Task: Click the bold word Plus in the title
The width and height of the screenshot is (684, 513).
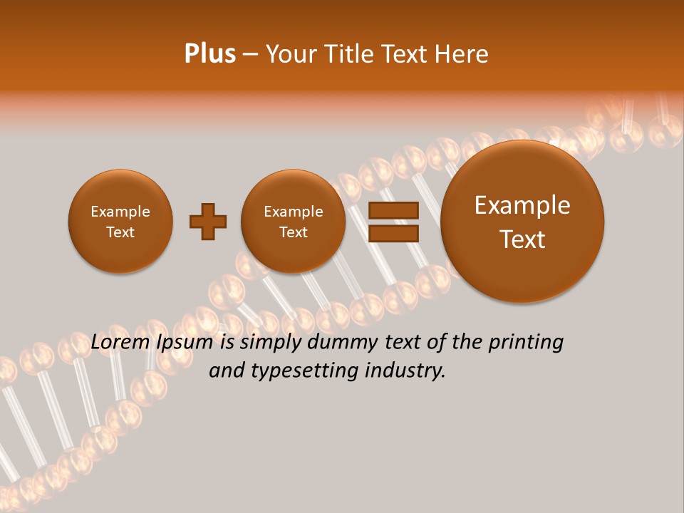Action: [x=209, y=54]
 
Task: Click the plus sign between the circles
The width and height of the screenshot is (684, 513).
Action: [x=208, y=222]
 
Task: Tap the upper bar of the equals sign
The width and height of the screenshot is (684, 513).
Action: [x=393, y=210]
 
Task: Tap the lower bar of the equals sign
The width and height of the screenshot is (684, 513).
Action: [x=393, y=233]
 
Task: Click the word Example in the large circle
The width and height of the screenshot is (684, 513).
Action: [x=522, y=205]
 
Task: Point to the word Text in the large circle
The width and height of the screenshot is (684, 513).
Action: [x=522, y=239]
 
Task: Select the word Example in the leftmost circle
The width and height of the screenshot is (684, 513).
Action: [x=120, y=212]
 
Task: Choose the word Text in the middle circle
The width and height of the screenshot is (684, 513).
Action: [x=293, y=232]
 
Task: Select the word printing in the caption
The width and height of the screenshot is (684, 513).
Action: [x=525, y=343]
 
